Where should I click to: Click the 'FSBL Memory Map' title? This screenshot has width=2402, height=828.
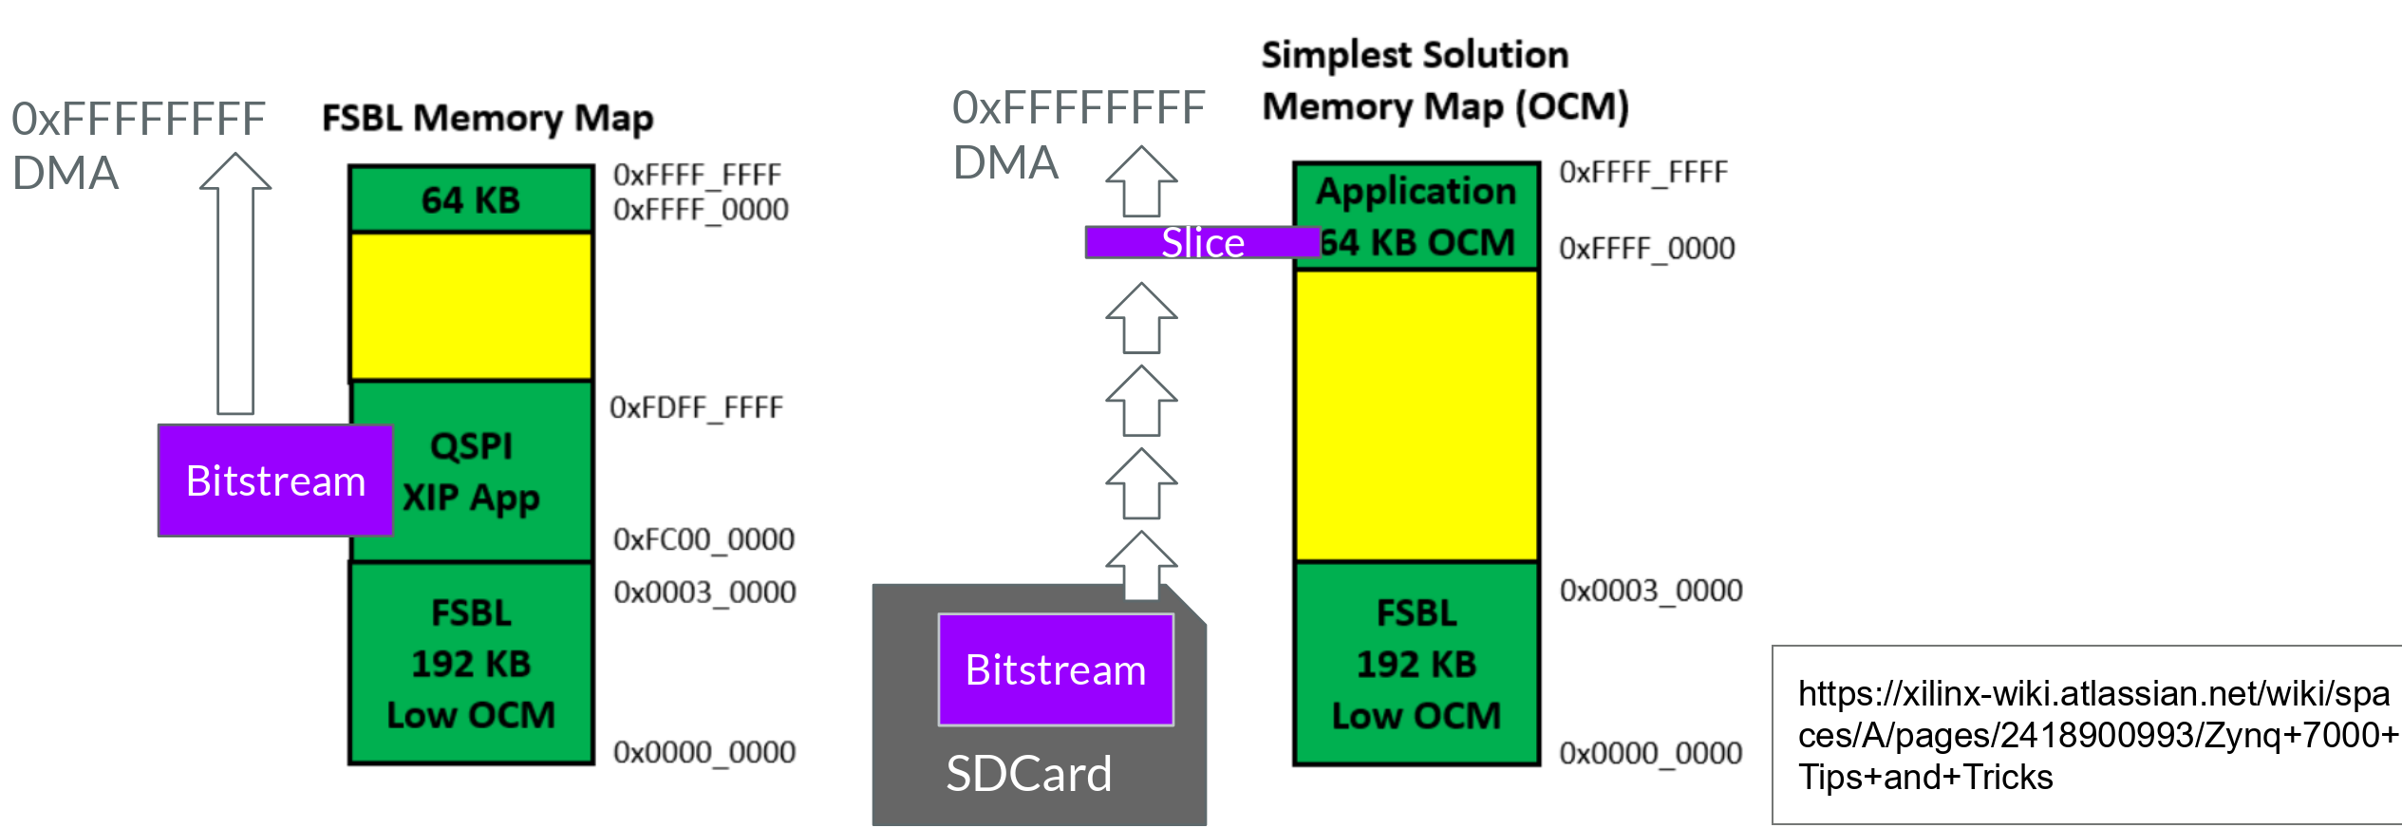click(x=487, y=119)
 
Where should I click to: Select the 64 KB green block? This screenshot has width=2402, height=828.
click(x=471, y=199)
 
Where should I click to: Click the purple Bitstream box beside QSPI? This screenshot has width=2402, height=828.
click(x=275, y=480)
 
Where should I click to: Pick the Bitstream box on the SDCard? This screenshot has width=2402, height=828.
click(x=1055, y=669)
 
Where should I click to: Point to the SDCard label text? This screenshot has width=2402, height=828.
click(x=1028, y=774)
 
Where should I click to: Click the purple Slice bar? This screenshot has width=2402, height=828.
click(x=1202, y=243)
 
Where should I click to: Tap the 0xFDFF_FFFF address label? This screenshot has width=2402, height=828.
click(x=696, y=408)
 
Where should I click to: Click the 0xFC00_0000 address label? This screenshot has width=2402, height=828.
click(x=704, y=539)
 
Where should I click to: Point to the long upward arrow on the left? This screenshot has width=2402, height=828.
click(x=235, y=285)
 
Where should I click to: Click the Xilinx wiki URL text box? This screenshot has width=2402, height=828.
click(x=2087, y=735)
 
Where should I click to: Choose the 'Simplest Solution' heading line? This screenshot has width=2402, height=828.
click(x=1415, y=55)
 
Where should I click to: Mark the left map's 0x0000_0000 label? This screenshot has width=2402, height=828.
click(x=704, y=752)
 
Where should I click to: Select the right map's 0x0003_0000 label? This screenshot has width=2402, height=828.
click(x=1650, y=591)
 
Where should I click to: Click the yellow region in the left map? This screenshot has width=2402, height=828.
click(x=471, y=306)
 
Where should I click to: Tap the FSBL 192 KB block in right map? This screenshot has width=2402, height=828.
click(x=1416, y=663)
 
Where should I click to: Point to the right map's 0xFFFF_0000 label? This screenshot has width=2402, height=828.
click(x=1646, y=249)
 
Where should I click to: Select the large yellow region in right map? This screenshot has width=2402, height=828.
click(x=1416, y=415)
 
